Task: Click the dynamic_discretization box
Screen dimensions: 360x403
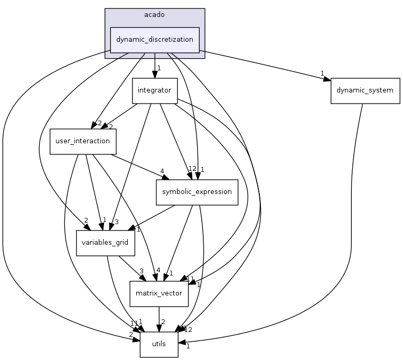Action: tap(154, 40)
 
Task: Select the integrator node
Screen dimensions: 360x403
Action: tap(154, 90)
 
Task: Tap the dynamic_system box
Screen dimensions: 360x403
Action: tap(365, 90)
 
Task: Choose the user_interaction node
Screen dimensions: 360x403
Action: tap(83, 141)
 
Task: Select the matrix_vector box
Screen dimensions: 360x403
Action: tap(159, 293)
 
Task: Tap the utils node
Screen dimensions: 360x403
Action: tap(159, 344)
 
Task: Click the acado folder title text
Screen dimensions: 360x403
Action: tap(154, 14)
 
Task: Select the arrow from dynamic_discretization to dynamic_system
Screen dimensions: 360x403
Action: tap(264, 65)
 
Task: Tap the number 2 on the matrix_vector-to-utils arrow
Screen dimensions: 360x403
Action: tap(164, 322)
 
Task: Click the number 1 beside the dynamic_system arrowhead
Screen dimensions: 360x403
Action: tap(321, 73)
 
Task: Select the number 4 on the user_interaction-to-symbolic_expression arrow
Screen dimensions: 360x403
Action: tap(162, 171)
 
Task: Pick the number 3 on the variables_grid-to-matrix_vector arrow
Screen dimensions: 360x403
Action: tap(141, 272)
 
